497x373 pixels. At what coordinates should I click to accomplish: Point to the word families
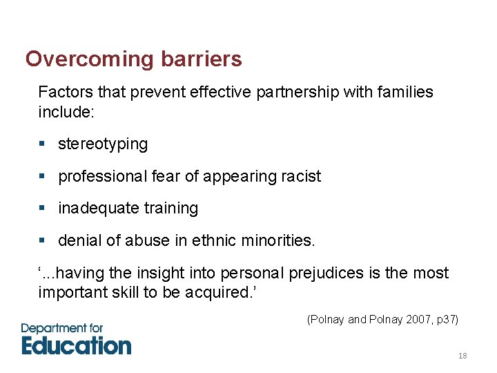click(x=400, y=92)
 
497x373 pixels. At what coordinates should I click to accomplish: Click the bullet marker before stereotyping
click(x=42, y=144)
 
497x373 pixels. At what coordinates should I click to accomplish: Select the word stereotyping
click(x=103, y=144)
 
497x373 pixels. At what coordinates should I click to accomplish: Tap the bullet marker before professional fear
click(x=42, y=176)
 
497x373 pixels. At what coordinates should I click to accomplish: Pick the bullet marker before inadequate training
click(x=42, y=209)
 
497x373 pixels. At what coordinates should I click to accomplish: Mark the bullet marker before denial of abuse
click(x=42, y=241)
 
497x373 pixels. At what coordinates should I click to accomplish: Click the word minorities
click(x=279, y=241)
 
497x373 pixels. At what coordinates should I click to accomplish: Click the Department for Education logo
click(x=76, y=339)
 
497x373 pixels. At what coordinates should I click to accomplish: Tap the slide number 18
click(x=462, y=356)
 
